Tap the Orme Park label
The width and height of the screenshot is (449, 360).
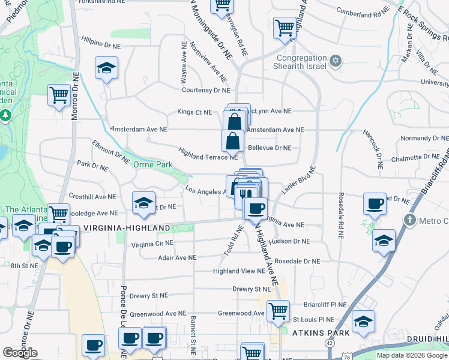(152, 164)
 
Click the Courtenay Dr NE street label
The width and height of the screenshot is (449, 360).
(206, 90)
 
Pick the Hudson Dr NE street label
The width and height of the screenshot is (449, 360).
(289, 241)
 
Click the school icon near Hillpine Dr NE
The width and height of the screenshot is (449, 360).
(106, 68)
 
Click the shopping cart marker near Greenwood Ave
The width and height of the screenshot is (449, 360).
(278, 311)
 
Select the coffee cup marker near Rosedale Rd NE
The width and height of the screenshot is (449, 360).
(375, 203)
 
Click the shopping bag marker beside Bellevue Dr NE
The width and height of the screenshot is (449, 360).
(232, 141)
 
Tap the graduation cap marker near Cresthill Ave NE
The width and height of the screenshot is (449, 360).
(143, 203)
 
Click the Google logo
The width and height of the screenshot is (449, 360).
(20, 353)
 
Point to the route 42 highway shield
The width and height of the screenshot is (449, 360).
(330, 342)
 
